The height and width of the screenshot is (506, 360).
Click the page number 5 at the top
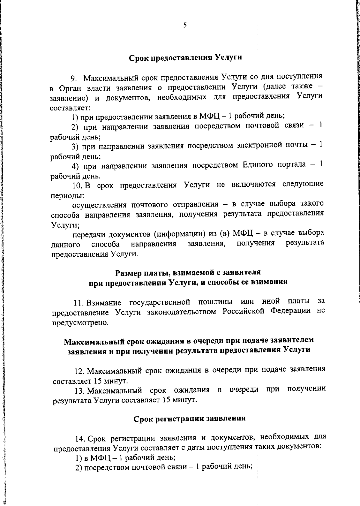pyautogui.click(x=185, y=26)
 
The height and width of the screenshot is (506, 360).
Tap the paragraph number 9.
pyautogui.click(x=74, y=79)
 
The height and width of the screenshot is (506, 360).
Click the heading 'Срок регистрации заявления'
pyautogui.click(x=189, y=418)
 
